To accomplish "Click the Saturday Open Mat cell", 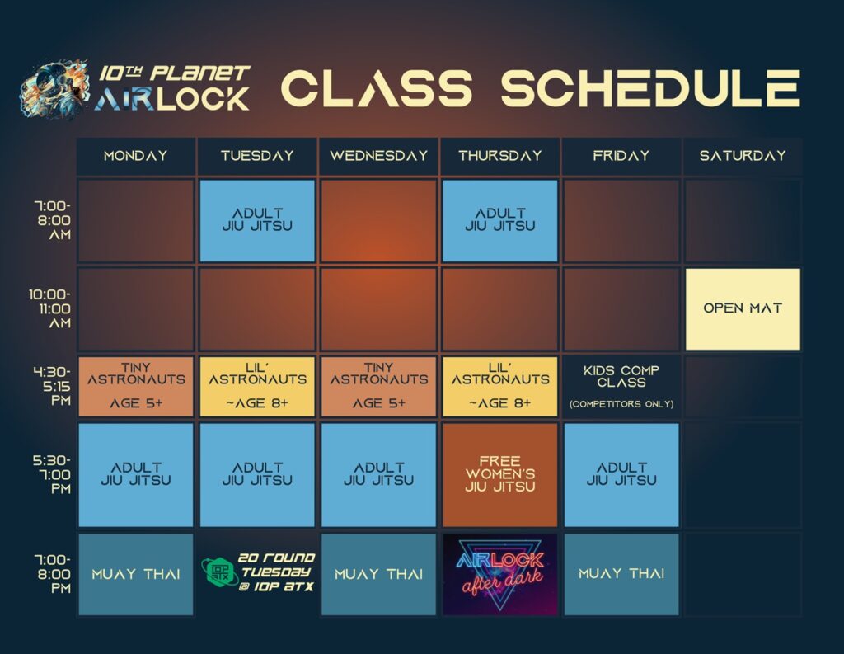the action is pyautogui.click(x=743, y=308).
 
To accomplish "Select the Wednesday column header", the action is pyautogui.click(x=378, y=156).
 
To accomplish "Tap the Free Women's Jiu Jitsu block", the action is pyautogui.click(x=500, y=474).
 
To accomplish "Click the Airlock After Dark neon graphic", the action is pyautogui.click(x=500, y=574).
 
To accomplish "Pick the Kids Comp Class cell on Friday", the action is pyautogui.click(x=621, y=386).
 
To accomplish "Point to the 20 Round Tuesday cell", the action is pyautogui.click(x=257, y=572).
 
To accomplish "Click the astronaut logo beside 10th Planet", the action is pyautogui.click(x=54, y=89).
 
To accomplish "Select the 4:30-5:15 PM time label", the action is pyautogui.click(x=52, y=386).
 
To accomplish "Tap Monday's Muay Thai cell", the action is pyautogui.click(x=136, y=574).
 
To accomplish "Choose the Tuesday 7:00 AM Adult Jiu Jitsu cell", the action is pyautogui.click(x=257, y=220).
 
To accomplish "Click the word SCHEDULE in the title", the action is pyautogui.click(x=650, y=88).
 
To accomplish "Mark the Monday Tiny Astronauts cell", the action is pyautogui.click(x=136, y=386).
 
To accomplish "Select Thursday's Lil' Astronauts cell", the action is pyautogui.click(x=500, y=386).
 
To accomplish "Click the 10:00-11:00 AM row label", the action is pyautogui.click(x=50, y=308).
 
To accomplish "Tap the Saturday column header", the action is pyautogui.click(x=743, y=156).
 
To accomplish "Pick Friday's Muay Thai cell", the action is pyautogui.click(x=621, y=574).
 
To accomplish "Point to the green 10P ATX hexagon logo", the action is pyautogui.click(x=220, y=572).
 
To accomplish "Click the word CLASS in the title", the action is pyautogui.click(x=377, y=88).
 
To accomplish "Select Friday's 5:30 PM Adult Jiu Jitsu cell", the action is pyautogui.click(x=621, y=474).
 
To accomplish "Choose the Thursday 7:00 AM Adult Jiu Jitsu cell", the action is pyautogui.click(x=500, y=220).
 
